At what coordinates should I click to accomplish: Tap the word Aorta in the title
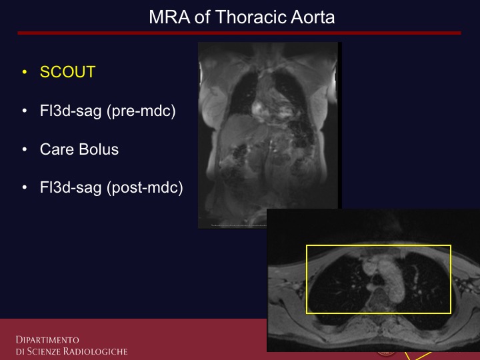[x=313, y=17]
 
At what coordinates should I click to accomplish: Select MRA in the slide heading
[x=169, y=17]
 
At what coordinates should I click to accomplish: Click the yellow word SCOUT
[x=67, y=72]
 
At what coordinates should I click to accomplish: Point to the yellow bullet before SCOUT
[x=25, y=72]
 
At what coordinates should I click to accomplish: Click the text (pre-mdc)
[x=141, y=111]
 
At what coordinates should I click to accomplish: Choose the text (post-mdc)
[x=145, y=187]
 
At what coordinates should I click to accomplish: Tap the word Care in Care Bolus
[x=57, y=149]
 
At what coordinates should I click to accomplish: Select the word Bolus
[x=99, y=149]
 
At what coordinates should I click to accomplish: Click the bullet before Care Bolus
[x=25, y=149]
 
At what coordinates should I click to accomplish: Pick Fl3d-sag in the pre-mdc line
[x=71, y=111]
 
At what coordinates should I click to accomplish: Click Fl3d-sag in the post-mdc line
[x=71, y=187]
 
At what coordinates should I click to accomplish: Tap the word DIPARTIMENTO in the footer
[x=47, y=340]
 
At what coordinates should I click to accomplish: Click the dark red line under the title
[x=239, y=33]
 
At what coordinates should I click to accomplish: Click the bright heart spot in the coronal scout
[x=257, y=108]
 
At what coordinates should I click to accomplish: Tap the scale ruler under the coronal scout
[x=239, y=225]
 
